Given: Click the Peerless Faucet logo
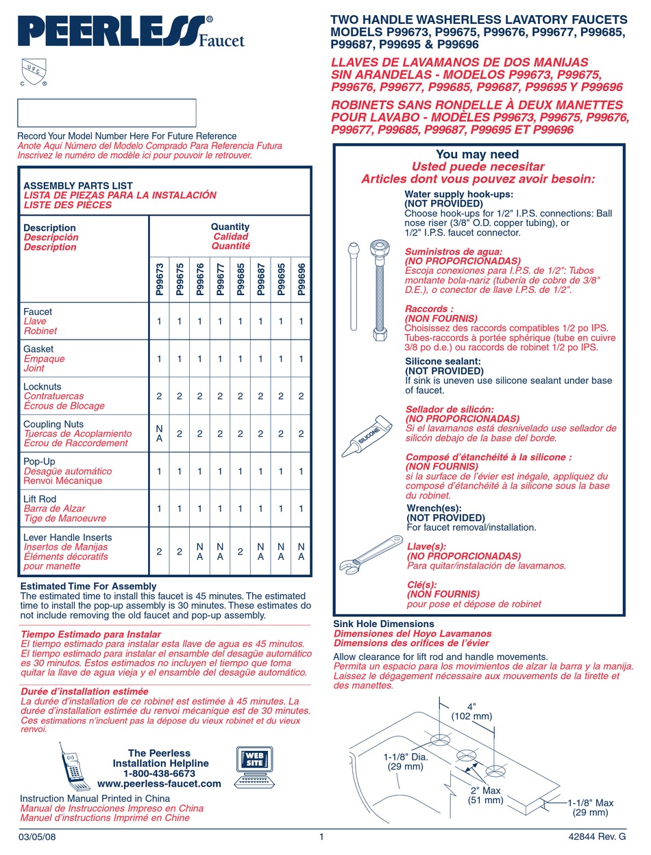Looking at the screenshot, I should (130, 32).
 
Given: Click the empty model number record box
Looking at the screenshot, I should (106, 113).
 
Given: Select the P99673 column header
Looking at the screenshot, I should (159, 279).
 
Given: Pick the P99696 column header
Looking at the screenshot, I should (301, 279).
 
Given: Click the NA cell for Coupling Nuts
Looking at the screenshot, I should (159, 433).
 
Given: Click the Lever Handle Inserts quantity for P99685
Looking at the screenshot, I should (240, 551).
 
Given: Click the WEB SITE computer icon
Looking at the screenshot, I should (254, 767).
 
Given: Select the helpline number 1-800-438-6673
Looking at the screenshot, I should (159, 774).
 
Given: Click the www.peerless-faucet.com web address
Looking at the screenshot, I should (159, 784).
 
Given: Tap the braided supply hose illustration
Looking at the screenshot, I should (379, 287).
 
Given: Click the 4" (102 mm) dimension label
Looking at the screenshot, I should (471, 711).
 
